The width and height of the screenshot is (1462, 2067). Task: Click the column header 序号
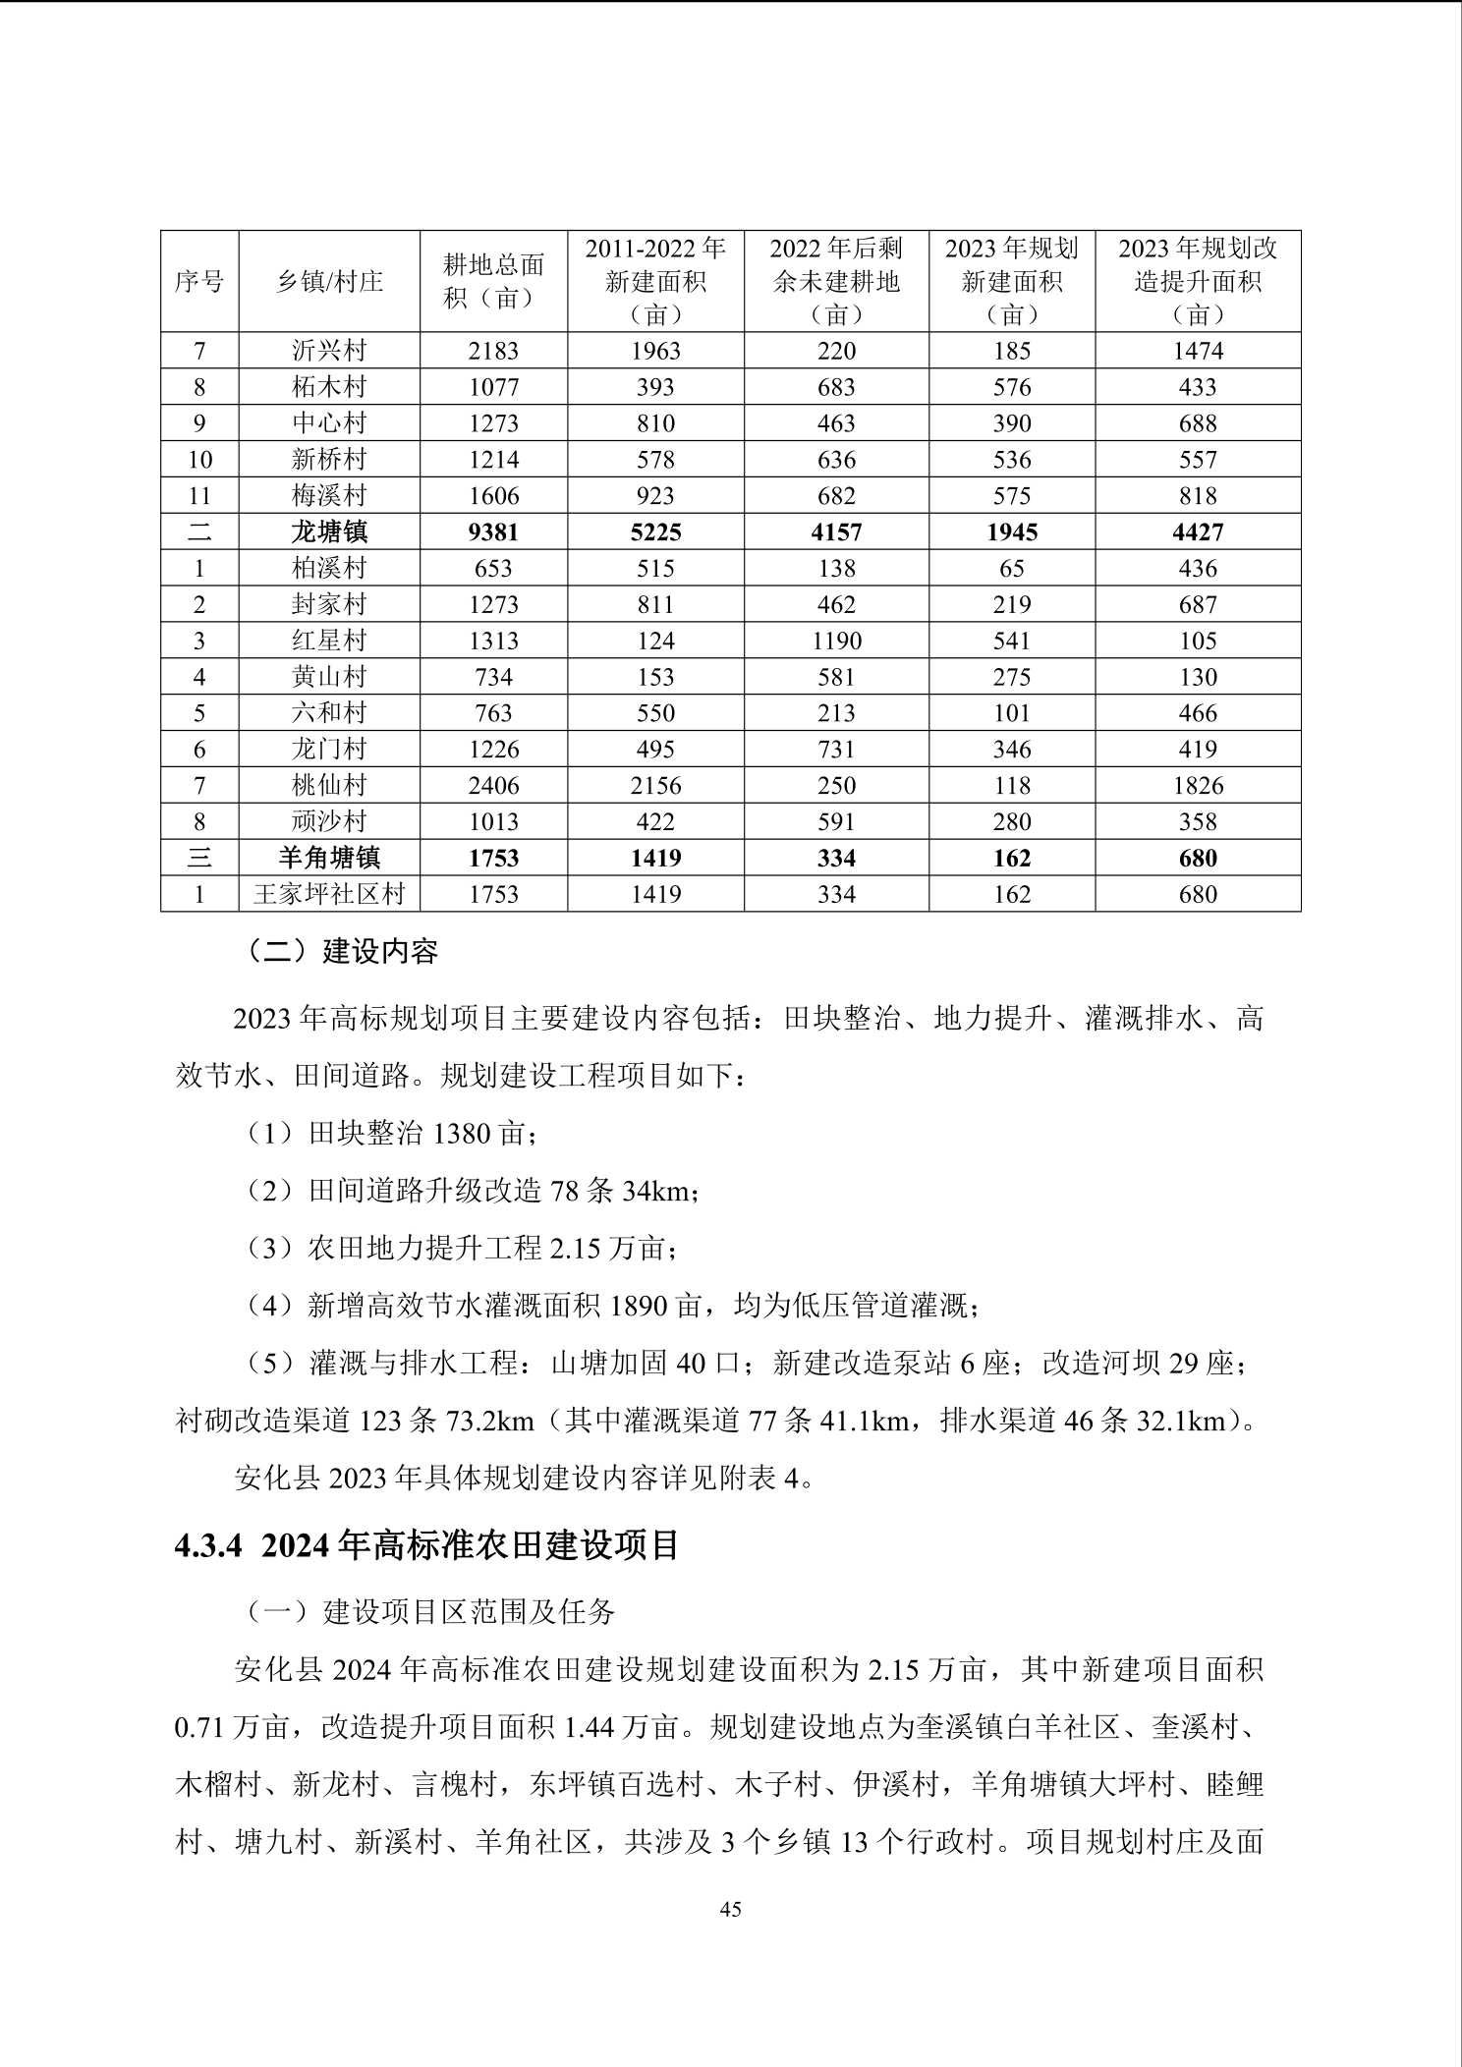pyautogui.click(x=199, y=282)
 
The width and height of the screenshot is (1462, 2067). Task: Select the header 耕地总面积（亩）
pyautogui.click(x=493, y=281)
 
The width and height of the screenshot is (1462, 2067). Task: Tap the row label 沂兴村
pyautogui.click(x=329, y=351)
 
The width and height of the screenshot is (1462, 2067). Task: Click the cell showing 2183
pyautogui.click(x=493, y=351)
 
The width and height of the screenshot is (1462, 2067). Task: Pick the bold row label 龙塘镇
pyautogui.click(x=329, y=532)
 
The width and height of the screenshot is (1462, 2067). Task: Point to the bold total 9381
pyautogui.click(x=493, y=532)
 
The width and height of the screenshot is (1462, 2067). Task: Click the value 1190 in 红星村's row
pyautogui.click(x=836, y=642)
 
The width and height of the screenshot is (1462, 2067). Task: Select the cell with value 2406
pyautogui.click(x=493, y=786)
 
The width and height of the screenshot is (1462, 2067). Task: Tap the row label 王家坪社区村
pyautogui.click(x=329, y=894)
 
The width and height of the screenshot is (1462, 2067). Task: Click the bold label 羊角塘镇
pyautogui.click(x=329, y=859)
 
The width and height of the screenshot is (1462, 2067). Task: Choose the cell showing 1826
pyautogui.click(x=1198, y=786)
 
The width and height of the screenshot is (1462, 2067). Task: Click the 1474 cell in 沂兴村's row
pyautogui.click(x=1198, y=351)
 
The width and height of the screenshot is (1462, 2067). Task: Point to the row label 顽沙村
pyautogui.click(x=329, y=822)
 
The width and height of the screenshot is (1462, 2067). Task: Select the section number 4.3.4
pyautogui.click(x=207, y=1545)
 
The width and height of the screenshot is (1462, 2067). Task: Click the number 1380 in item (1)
pyautogui.click(x=461, y=1134)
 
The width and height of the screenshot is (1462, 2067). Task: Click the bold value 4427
pyautogui.click(x=1198, y=532)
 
